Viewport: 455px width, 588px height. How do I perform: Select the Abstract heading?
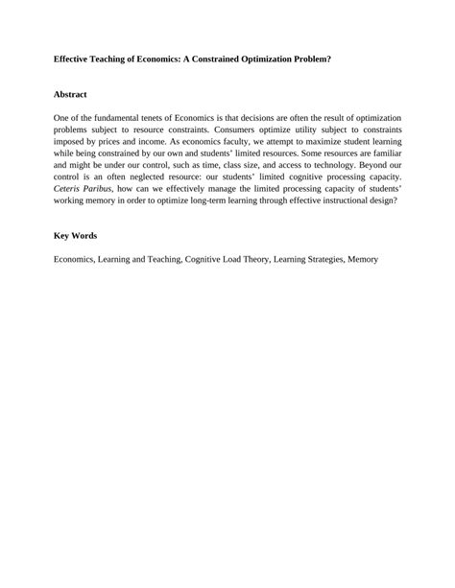70,95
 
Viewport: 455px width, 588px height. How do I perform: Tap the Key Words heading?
74,235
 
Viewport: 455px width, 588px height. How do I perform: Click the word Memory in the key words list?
364,259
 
